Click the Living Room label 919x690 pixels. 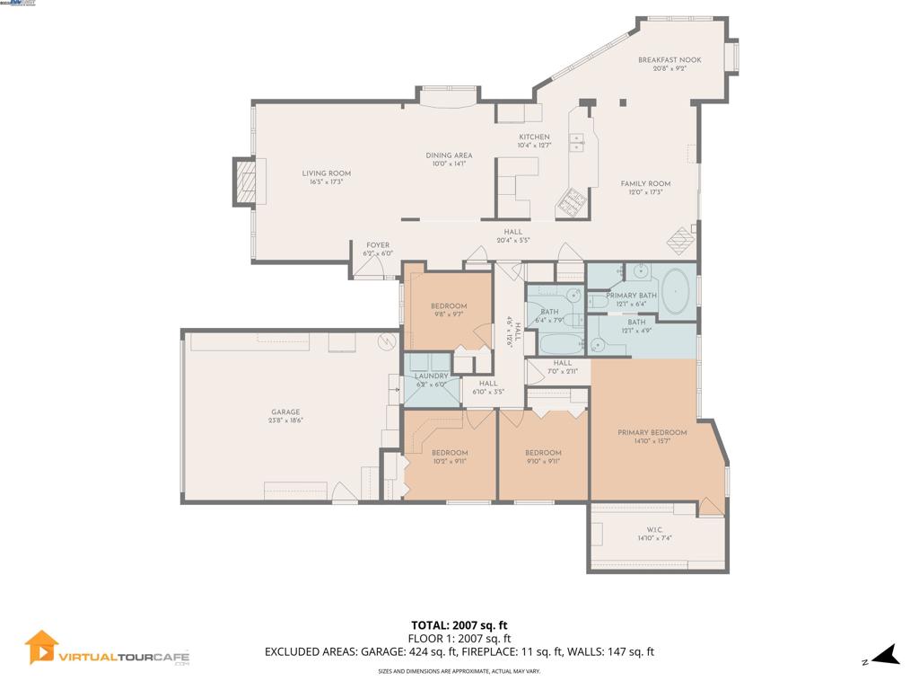tap(326, 173)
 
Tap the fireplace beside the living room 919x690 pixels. tap(245, 182)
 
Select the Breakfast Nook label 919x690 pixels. tap(670, 60)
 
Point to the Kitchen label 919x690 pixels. tap(534, 137)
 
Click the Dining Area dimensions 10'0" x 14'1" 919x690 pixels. tap(449, 164)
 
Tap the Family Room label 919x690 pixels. tap(645, 183)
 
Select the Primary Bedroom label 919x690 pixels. tap(652, 433)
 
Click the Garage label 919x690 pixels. tap(285, 412)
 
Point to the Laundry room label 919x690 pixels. tap(430, 376)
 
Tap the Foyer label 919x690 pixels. tap(378, 245)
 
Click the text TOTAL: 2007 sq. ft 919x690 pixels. tap(459, 625)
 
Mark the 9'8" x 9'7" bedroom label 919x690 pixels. tap(449, 306)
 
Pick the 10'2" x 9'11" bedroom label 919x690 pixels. tap(449, 453)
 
